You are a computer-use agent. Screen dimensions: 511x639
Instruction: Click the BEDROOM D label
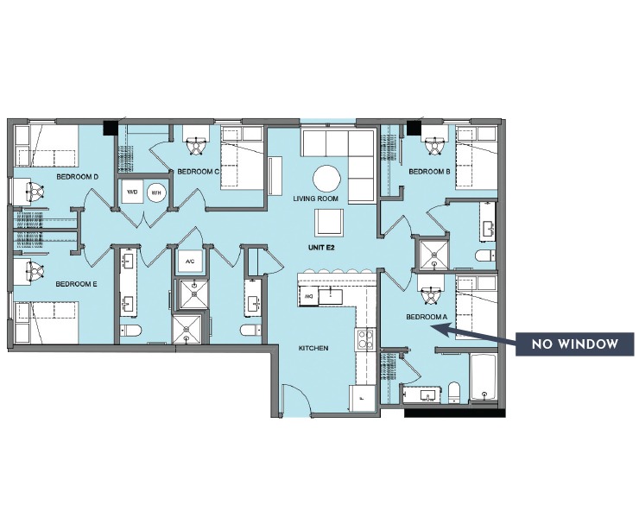[76, 177]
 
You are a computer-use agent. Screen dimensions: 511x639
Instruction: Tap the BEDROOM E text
[76, 283]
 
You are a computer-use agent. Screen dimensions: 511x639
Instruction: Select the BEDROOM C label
[199, 172]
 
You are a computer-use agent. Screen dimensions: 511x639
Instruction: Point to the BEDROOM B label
[430, 172]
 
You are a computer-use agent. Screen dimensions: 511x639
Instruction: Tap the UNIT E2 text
[324, 247]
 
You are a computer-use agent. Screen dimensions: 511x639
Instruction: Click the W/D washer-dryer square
[132, 192]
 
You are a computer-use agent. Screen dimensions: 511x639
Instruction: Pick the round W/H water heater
[157, 192]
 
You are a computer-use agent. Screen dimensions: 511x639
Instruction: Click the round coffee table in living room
[327, 179]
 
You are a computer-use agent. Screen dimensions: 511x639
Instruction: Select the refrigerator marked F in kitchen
[361, 398]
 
